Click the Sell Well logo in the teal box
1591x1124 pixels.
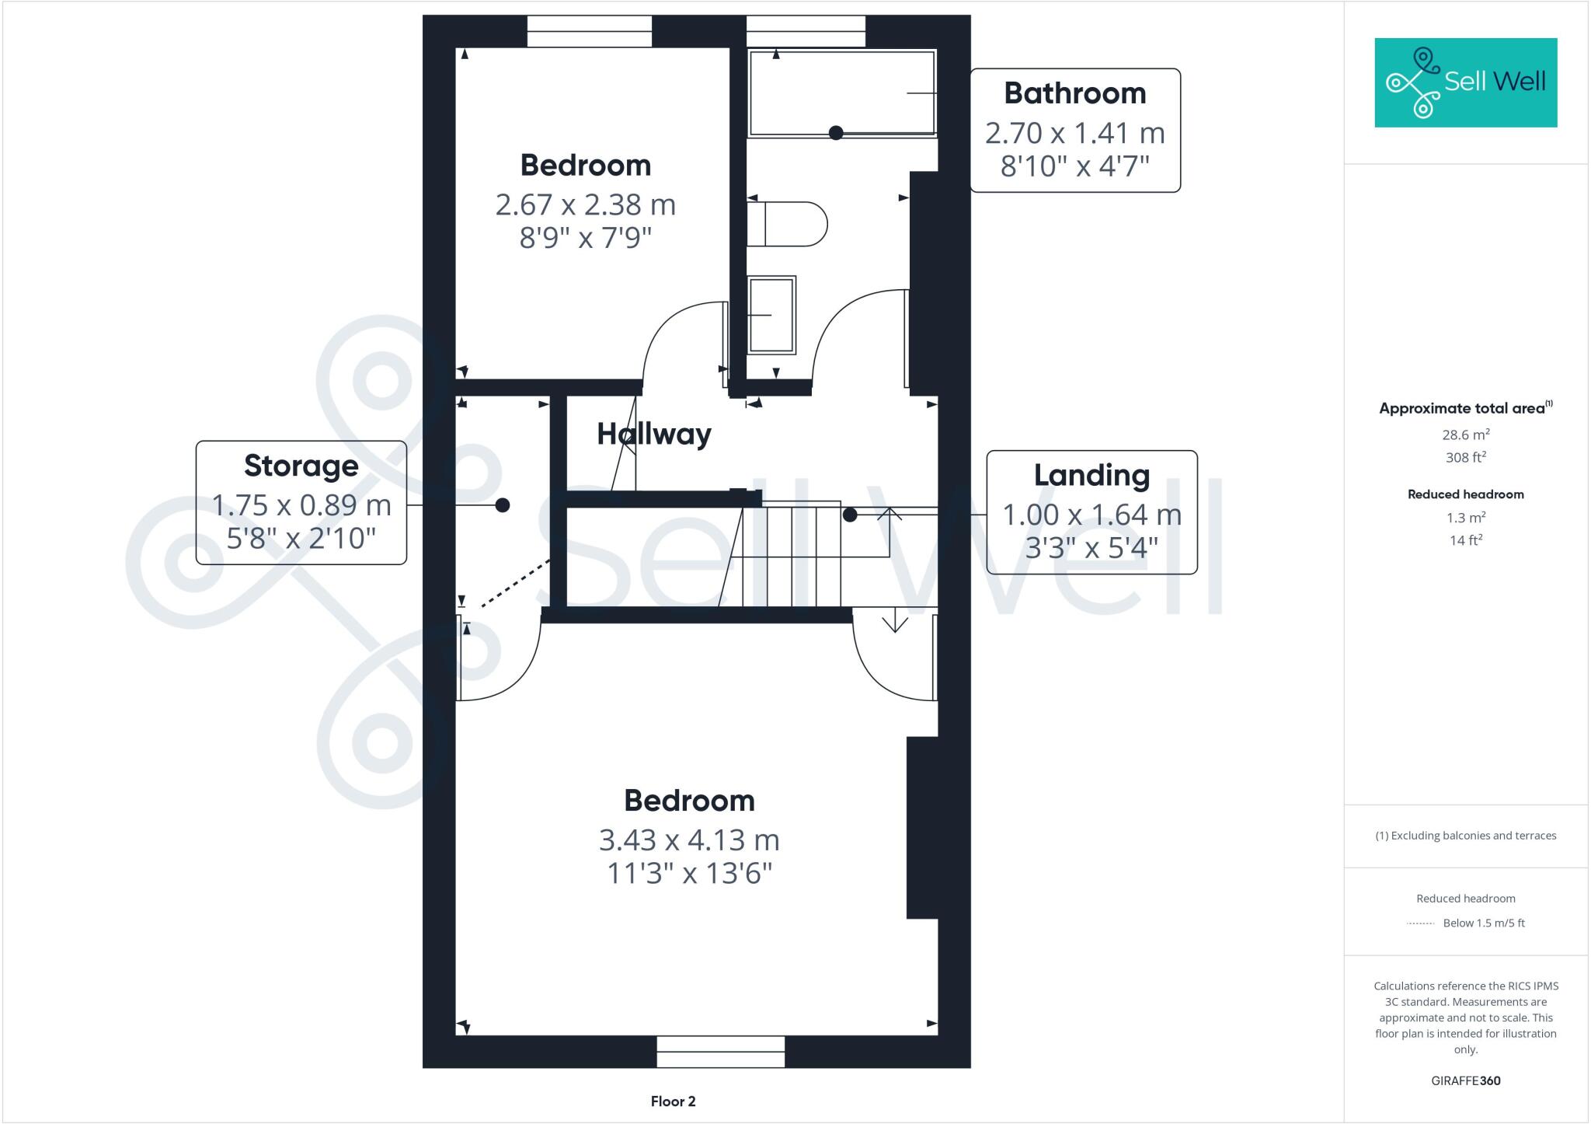point(1465,82)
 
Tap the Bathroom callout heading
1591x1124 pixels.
point(1075,93)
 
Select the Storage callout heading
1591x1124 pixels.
point(301,466)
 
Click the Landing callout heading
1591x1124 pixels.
point(1091,475)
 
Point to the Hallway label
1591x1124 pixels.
point(654,434)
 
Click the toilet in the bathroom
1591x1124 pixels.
point(786,224)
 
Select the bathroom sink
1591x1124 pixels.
point(771,315)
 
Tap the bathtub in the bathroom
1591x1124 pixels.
point(841,92)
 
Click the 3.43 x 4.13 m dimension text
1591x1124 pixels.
point(689,840)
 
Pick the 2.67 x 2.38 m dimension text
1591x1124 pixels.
point(586,205)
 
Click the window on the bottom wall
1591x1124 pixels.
point(720,1052)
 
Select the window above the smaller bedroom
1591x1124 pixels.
point(589,32)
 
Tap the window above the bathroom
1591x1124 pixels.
point(806,32)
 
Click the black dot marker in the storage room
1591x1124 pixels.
point(503,505)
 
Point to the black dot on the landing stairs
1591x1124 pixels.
point(850,515)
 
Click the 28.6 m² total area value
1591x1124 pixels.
point(1466,435)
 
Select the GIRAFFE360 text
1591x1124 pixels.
point(1465,1080)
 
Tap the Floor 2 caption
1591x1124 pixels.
point(673,1101)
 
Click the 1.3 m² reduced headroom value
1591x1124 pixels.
point(1466,518)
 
